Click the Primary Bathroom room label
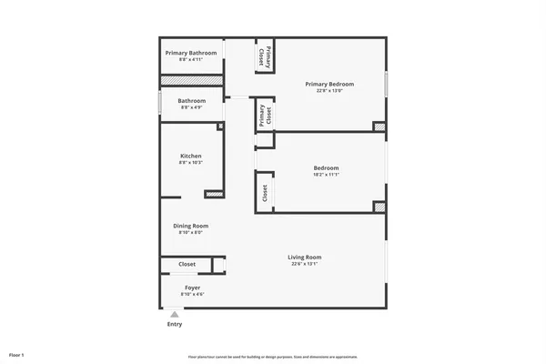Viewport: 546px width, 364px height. (191, 53)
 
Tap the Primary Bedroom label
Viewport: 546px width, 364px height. (329, 84)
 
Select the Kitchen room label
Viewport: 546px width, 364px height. (191, 157)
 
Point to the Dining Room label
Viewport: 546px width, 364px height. (191, 226)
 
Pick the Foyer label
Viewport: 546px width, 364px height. (193, 288)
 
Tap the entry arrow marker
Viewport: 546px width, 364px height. (175, 314)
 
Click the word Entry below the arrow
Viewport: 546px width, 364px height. (175, 325)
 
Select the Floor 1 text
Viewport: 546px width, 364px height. (16, 354)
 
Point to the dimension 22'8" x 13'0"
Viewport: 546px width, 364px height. (329, 90)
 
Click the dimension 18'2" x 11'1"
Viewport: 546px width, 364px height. (326, 175)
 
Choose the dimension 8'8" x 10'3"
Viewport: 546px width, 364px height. (191, 163)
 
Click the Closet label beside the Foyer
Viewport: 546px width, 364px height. (187, 265)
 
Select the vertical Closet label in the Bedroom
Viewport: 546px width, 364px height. (265, 193)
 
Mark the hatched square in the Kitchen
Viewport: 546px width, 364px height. (215, 193)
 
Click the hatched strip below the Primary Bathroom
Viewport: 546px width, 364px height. (191, 81)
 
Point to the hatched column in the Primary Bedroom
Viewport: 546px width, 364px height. (379, 126)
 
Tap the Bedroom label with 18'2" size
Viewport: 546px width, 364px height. (326, 167)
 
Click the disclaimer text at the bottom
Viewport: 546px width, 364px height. (273, 356)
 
